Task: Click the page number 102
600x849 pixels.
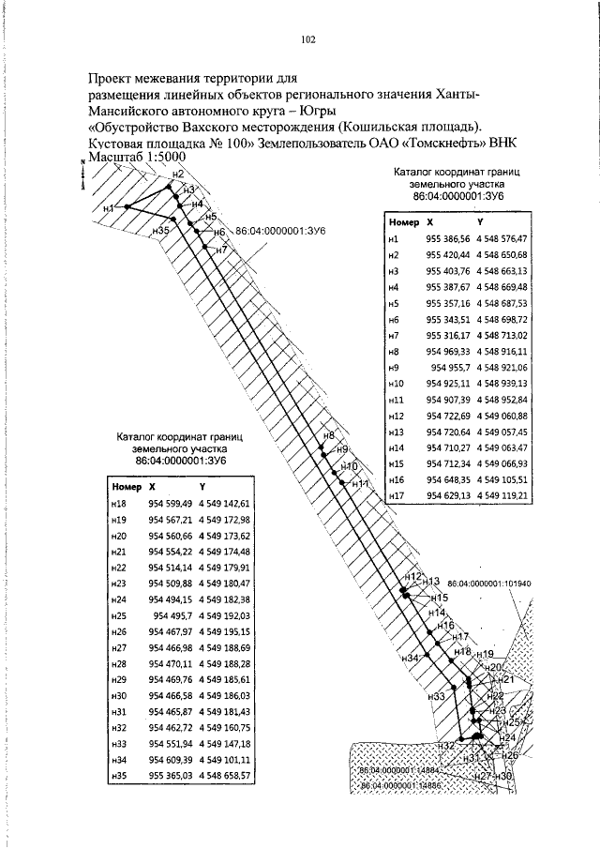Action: tap(307, 38)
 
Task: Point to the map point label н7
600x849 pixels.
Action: tap(221, 249)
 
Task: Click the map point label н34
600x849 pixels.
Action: tap(409, 659)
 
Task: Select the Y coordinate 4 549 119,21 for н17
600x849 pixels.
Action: tap(502, 495)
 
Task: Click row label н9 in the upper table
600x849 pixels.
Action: tap(394, 367)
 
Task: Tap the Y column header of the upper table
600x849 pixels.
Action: tap(480, 222)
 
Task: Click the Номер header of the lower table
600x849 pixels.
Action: tap(126, 487)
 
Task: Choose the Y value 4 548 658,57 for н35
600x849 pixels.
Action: tap(225, 776)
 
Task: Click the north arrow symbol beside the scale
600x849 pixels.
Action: tap(82, 174)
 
